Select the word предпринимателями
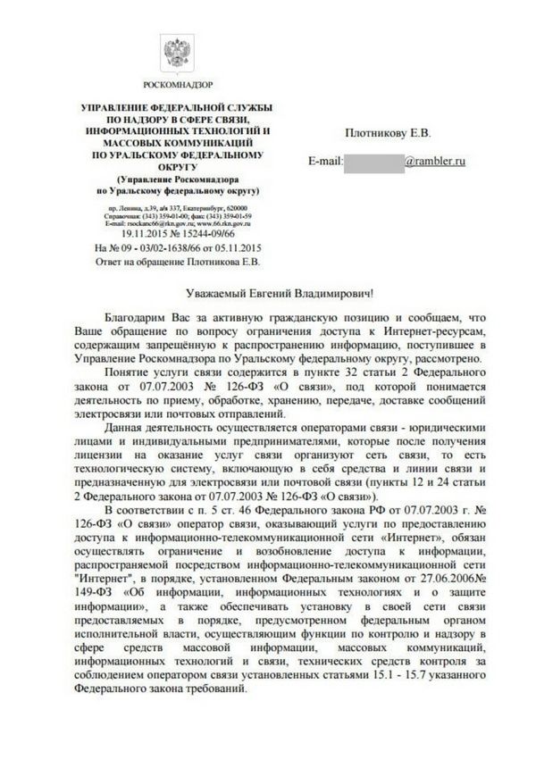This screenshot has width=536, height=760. [x=251, y=445]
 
